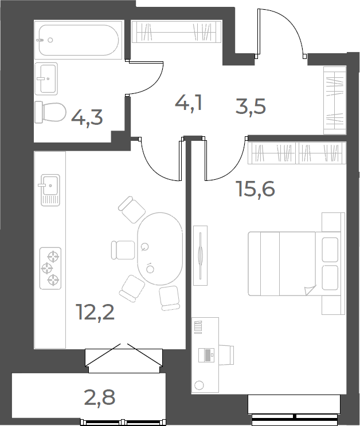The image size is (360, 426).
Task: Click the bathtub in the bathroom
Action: click(79, 40)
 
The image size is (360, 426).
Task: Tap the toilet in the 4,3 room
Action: click(50, 112)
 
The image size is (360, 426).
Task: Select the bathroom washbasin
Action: click(46, 78)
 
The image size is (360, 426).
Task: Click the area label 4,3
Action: click(87, 118)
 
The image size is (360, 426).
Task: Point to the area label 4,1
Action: click(189, 104)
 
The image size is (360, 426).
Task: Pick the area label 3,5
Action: click(251, 107)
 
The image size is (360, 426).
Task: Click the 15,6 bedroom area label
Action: click(256, 189)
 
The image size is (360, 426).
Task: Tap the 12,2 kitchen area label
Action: click(96, 312)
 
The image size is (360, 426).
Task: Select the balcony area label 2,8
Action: click(100, 397)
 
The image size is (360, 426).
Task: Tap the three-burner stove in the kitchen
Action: click(50, 269)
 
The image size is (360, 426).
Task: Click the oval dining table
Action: click(160, 249)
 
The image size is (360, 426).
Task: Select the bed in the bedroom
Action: click(295, 263)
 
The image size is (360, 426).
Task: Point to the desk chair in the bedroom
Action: click(226, 355)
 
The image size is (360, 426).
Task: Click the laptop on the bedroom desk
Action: click(206, 355)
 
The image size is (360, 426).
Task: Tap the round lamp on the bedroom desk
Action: click(199, 385)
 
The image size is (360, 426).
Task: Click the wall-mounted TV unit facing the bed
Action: click(201, 255)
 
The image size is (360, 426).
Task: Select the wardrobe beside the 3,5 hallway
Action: click(335, 100)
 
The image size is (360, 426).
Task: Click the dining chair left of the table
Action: click(123, 250)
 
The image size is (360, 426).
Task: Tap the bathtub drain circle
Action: click(50, 40)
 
